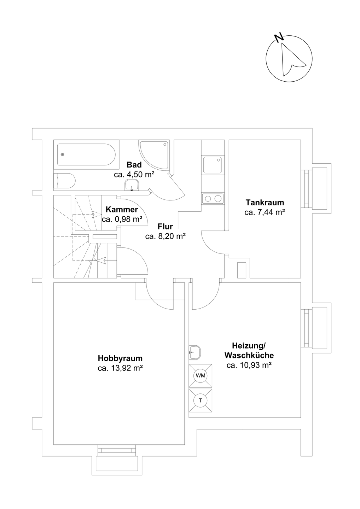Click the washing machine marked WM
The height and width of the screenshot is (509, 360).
click(201, 375)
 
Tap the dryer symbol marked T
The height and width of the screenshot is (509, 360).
click(201, 400)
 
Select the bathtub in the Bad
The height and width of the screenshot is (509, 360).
click(86, 154)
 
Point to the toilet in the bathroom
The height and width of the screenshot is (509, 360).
click(64, 181)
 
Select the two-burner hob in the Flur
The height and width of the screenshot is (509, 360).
click(213, 199)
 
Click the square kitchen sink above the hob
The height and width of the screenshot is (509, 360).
click(213, 165)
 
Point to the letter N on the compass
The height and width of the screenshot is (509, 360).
click(279, 37)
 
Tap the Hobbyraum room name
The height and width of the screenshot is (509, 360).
click(120, 358)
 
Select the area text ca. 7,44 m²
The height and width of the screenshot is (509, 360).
click(265, 212)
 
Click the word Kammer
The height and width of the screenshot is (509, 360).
click(122, 210)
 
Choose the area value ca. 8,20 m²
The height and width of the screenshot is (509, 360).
click(166, 236)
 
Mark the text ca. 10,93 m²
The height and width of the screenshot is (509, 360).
click(249, 365)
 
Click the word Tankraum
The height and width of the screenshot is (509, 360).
click(265, 203)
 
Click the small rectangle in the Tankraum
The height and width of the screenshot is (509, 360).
click(242, 270)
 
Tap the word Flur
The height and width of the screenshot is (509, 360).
click(165, 227)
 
